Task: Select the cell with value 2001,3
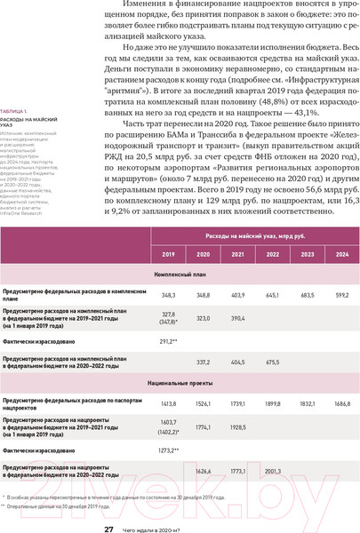(x=272, y=471)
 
